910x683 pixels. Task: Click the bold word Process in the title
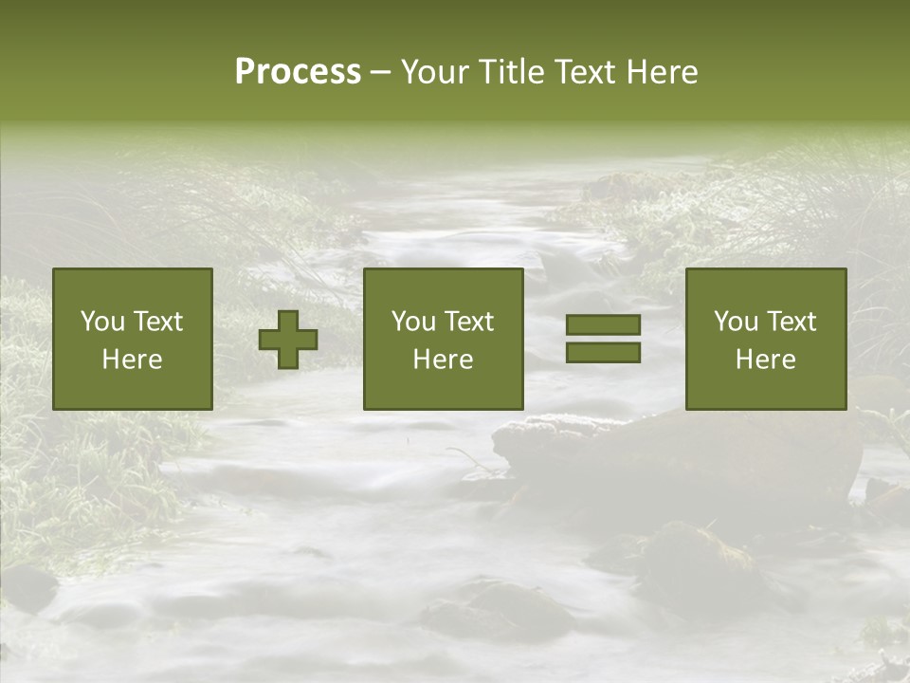pos(298,72)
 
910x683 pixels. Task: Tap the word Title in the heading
pos(511,72)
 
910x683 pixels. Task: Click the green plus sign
pos(288,340)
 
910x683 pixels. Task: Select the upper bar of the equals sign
pos(603,325)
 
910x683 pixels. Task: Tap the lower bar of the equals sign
pos(603,352)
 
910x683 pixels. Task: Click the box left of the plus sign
pos(132,339)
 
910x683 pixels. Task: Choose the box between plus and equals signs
pos(443,339)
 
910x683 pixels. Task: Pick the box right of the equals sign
pos(765,339)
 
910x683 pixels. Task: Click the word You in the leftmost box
pos(101,322)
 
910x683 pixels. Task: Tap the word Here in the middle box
pos(443,360)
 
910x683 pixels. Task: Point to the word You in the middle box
pos(412,322)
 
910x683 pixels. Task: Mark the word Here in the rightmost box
pos(765,360)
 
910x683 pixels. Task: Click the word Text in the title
pos(584,72)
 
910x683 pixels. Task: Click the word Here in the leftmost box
pos(132,360)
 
